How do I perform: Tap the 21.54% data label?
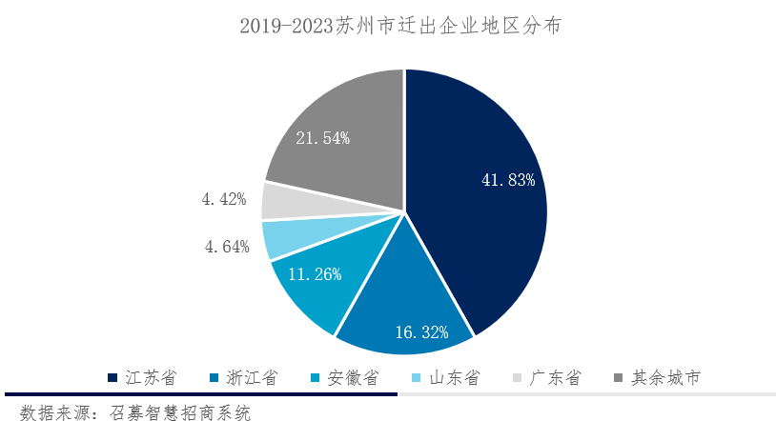tap(322, 138)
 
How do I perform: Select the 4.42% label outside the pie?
tap(224, 199)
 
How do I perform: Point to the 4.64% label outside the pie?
tap(226, 247)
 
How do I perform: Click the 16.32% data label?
tap(421, 332)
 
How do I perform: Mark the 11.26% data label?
tap(315, 272)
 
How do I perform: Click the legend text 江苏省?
tap(151, 378)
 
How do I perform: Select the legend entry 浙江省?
tap(252, 378)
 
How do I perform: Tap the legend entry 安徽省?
tap(354, 378)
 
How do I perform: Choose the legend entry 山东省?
tap(455, 378)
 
